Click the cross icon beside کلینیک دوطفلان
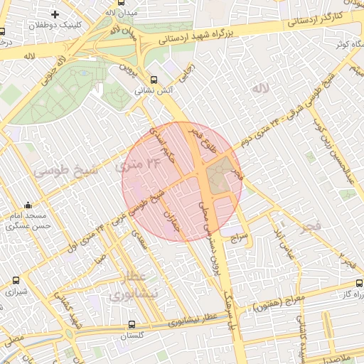(55, 14)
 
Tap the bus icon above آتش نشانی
(154, 80)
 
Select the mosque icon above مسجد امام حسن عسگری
(28, 205)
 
